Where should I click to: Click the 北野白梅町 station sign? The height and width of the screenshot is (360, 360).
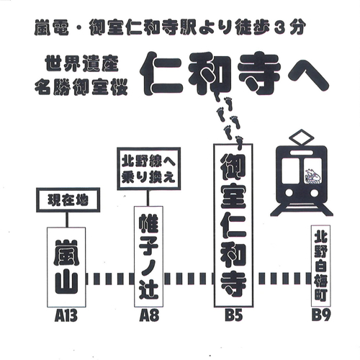[320, 266]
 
